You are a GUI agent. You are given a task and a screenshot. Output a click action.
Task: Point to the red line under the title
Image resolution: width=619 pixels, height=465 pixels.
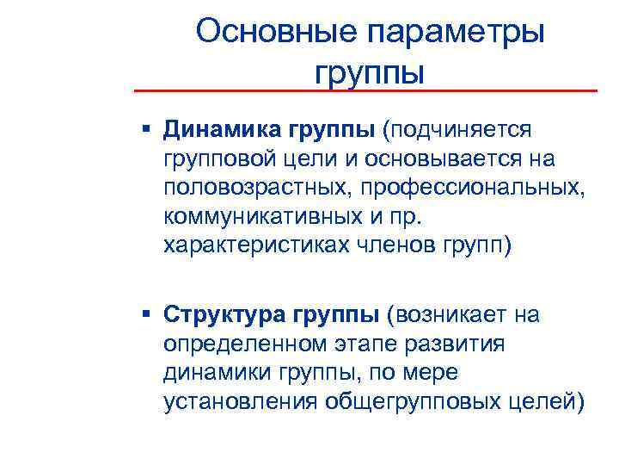pos(365,90)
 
